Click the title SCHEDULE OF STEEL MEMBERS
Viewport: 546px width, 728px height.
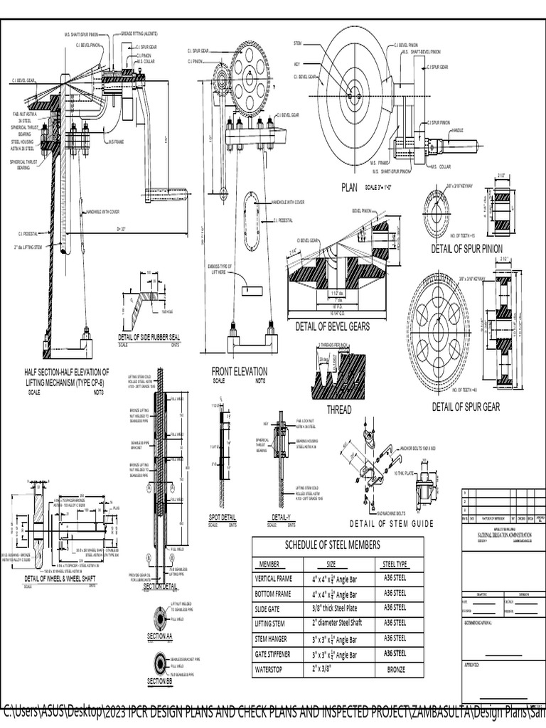pyautogui.click(x=338, y=545)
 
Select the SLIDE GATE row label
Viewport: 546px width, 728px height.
pyautogui.click(x=269, y=609)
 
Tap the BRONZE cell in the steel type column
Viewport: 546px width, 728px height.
pyautogui.click(x=395, y=670)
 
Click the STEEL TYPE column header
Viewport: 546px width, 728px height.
pyautogui.click(x=395, y=564)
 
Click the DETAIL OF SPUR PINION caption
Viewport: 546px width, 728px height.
pyautogui.click(x=466, y=249)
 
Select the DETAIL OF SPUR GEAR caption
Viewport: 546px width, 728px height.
pyautogui.click(x=466, y=407)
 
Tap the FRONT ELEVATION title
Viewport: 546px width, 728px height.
pyautogui.click(x=240, y=371)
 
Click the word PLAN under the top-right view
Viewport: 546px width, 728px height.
pyautogui.click(x=350, y=188)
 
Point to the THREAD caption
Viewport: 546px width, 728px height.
pyautogui.click(x=338, y=409)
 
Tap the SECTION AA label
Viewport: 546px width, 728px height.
pyautogui.click(x=159, y=637)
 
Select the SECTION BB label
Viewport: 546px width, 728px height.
pyautogui.click(x=159, y=682)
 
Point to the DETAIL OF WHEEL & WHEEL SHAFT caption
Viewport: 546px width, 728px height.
pyautogui.click(x=60, y=579)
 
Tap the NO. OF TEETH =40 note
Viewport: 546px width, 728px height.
pyautogui.click(x=467, y=390)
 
